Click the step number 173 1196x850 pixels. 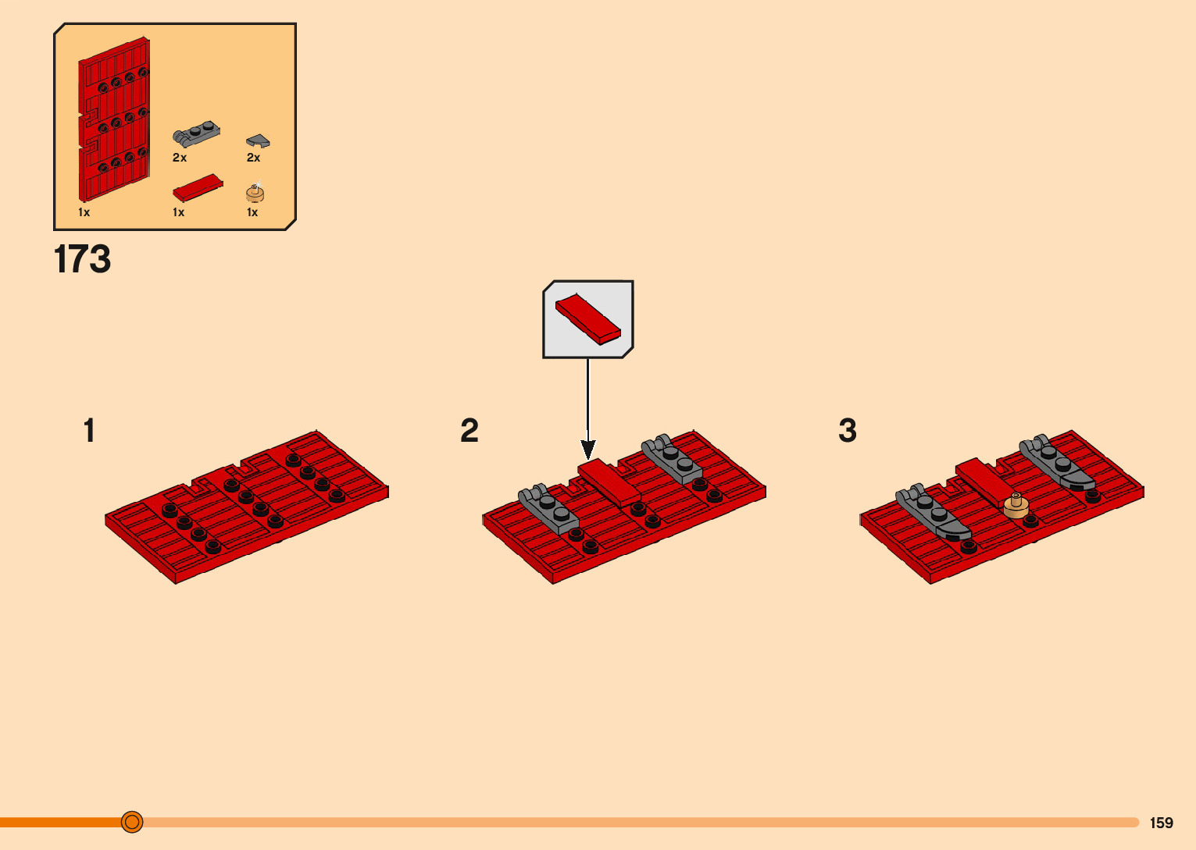tap(82, 259)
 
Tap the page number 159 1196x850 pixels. tap(1161, 823)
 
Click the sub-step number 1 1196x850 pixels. tap(89, 431)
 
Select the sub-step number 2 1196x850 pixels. tap(469, 431)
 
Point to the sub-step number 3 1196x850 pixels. tap(848, 431)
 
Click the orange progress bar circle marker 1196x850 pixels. tap(132, 822)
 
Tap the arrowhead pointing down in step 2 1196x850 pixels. tap(588, 450)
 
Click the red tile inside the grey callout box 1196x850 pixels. tap(587, 319)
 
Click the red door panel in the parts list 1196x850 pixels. tap(114, 119)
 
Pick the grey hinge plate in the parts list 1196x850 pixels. tap(196, 134)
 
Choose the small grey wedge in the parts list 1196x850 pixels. tap(258, 141)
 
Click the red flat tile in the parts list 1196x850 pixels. tap(198, 187)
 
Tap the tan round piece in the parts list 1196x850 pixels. tap(255, 194)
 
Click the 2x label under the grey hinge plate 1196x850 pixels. tap(180, 158)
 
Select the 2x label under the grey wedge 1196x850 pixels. tap(253, 158)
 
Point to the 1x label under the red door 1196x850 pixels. tap(84, 212)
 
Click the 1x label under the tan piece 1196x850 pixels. tap(252, 212)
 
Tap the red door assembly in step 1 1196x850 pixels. tap(246, 507)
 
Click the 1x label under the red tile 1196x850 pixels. tap(179, 212)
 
